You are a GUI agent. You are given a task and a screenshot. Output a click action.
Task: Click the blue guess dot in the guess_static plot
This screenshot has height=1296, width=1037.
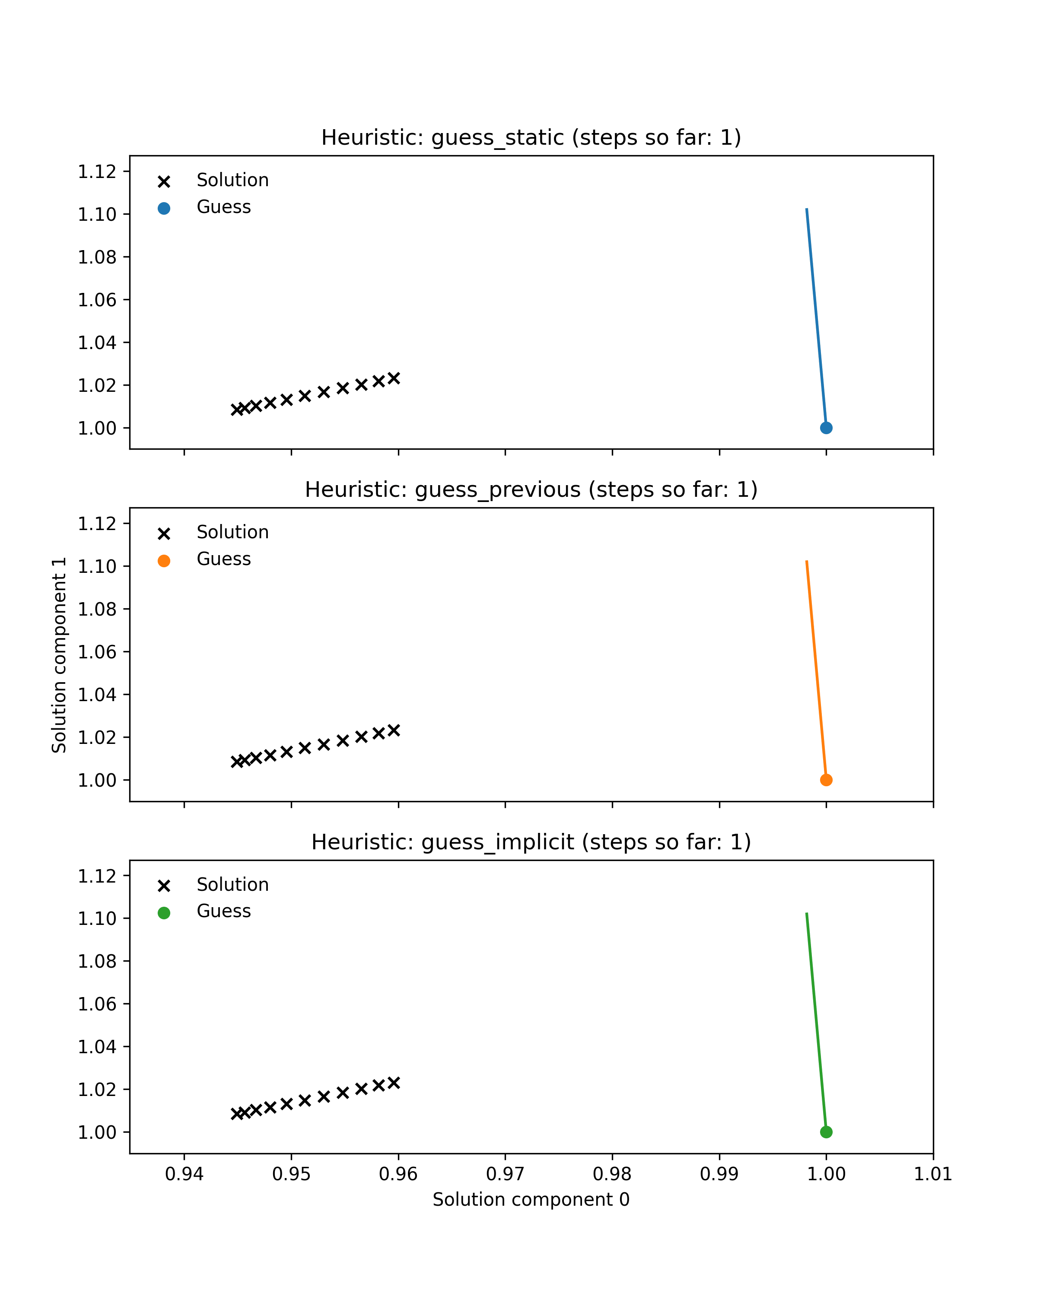click(x=826, y=428)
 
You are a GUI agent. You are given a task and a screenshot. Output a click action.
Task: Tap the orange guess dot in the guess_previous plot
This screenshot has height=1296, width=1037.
click(x=826, y=780)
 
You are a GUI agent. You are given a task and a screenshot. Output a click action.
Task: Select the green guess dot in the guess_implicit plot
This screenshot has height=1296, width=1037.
click(x=826, y=1133)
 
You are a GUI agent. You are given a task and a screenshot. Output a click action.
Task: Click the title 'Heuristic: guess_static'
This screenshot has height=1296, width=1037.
click(x=531, y=138)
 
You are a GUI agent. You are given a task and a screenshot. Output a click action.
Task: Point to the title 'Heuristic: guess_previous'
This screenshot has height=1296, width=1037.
click(x=531, y=490)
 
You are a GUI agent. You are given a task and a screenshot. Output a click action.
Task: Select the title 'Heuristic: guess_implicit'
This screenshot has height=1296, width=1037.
click(x=531, y=842)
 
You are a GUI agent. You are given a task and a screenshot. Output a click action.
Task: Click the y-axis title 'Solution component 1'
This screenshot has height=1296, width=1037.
click(x=59, y=655)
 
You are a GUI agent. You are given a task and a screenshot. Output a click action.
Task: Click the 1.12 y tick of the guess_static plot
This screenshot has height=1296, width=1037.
click(x=97, y=172)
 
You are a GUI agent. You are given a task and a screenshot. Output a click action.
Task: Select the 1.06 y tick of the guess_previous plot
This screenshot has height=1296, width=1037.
click(x=97, y=652)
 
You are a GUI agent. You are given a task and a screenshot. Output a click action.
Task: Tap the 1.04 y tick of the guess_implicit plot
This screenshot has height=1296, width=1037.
click(x=97, y=1047)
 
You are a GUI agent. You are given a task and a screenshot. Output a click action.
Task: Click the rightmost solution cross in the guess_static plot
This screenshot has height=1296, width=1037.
click(x=394, y=378)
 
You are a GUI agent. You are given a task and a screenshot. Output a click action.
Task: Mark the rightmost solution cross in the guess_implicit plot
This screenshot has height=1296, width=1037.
click(x=394, y=1083)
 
